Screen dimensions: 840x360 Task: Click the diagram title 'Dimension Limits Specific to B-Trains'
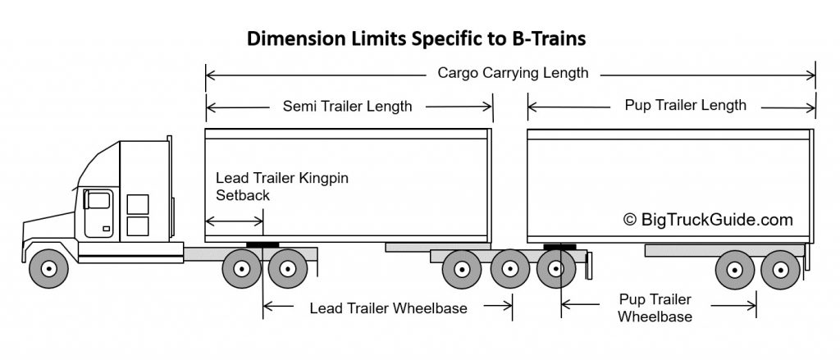tap(416, 39)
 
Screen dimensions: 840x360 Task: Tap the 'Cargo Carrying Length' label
tap(513, 73)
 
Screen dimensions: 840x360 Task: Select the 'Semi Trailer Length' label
tap(347, 106)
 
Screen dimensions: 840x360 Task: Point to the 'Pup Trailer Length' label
tap(685, 105)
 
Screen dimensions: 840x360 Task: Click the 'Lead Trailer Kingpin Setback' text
tap(282, 186)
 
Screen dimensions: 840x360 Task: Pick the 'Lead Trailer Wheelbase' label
tap(388, 308)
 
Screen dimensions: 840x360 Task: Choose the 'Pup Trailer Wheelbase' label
tap(655, 308)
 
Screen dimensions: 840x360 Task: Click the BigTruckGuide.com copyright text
tap(708, 219)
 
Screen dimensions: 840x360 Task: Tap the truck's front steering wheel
tap(48, 268)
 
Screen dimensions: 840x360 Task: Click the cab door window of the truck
tap(98, 200)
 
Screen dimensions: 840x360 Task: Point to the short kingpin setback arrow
tap(234, 221)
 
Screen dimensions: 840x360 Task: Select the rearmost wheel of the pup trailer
tap(781, 270)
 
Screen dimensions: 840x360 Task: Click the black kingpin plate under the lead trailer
tap(262, 245)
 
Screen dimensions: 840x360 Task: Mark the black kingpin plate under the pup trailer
tap(559, 247)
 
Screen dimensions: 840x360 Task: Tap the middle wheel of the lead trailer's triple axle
tap(510, 269)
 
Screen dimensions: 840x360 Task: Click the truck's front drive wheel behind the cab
tap(242, 268)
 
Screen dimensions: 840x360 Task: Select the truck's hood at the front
tap(49, 227)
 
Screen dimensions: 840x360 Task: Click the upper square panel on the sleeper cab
tap(138, 205)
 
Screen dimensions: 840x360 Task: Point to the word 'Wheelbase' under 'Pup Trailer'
tap(655, 317)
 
